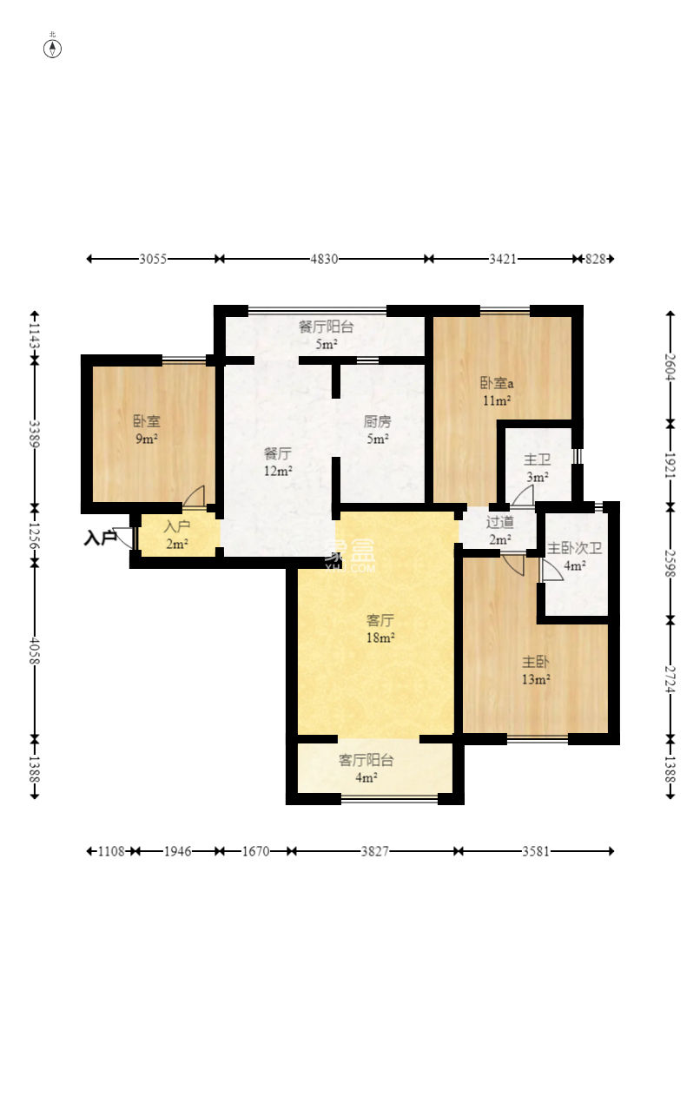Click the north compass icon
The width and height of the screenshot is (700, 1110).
tap(53, 48)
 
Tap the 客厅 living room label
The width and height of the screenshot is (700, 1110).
tap(380, 620)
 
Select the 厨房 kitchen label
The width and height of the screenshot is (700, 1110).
tap(377, 422)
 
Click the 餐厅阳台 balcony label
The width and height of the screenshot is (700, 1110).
tap(326, 327)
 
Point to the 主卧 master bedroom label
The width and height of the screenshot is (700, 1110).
tap(535, 662)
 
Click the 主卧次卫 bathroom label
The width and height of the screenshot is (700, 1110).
tap(574, 548)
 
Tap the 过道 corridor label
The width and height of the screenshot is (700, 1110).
tap(499, 522)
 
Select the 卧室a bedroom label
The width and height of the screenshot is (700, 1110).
tap(496, 383)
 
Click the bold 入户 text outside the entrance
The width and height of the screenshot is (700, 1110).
tap(100, 538)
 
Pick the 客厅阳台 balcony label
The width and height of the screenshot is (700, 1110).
tap(366, 760)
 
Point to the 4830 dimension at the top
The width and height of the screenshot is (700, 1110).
tap(324, 259)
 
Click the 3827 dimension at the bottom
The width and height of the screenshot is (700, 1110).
tap(374, 852)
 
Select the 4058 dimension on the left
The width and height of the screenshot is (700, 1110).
tap(35, 651)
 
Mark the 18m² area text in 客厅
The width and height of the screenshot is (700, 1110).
tap(380, 638)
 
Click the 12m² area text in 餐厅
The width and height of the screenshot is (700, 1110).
tap(277, 471)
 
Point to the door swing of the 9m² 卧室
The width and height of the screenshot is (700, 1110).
tap(195, 496)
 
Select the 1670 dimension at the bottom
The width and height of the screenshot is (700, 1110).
tap(255, 852)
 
